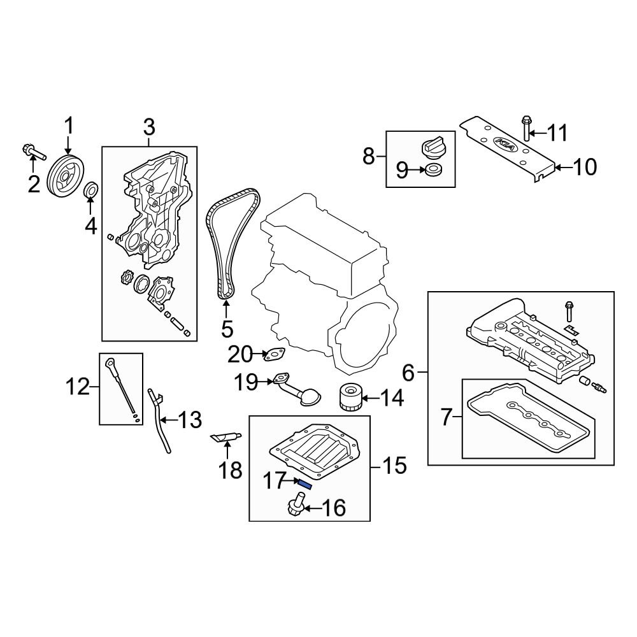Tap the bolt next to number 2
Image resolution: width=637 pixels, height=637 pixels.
point(32,152)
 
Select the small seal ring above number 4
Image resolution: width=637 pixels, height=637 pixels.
point(91,189)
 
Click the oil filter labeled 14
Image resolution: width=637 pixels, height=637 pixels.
point(349,398)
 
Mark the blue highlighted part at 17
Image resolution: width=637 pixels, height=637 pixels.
point(304,484)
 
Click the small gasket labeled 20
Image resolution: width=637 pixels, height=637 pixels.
point(275,354)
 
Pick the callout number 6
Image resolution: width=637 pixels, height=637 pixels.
point(408,371)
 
